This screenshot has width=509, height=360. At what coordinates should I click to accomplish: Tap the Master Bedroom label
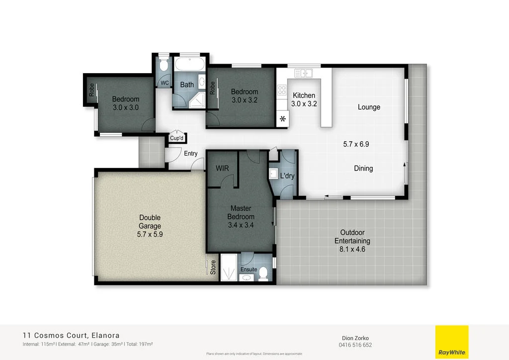241,212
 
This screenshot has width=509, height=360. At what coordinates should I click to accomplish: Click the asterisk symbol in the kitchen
283,119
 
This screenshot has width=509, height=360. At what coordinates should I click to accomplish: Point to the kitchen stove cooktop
282,90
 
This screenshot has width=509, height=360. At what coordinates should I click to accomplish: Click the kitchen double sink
303,74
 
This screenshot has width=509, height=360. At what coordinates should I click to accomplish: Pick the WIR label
222,169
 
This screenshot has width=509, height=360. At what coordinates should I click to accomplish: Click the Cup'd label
177,138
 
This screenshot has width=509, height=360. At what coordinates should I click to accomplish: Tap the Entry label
191,154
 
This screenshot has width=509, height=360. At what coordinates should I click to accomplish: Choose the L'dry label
287,176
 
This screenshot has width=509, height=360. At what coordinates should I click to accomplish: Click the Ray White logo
451,342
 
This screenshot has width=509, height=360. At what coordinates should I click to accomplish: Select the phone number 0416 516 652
355,345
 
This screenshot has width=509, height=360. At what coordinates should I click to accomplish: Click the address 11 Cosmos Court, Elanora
71,335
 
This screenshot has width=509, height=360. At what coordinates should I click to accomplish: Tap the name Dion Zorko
355,337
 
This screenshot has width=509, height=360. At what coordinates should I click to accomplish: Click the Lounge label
369,107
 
